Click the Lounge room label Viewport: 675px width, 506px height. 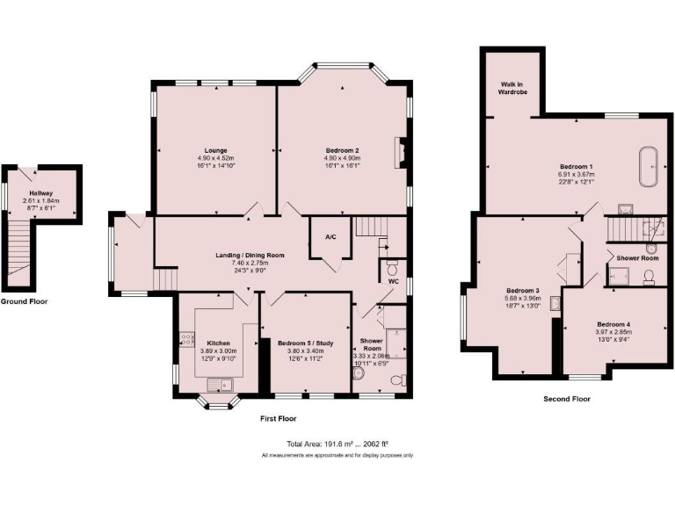point(216,149)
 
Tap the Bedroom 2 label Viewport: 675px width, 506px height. point(344,149)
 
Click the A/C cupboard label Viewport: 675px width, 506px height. point(330,237)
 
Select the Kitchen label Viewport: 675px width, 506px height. point(218,343)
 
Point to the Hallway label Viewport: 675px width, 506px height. point(40,192)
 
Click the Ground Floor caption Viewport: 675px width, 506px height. point(24,301)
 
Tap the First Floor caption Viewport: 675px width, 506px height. point(278,418)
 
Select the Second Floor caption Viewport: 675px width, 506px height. point(566,399)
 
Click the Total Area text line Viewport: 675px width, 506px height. point(337,444)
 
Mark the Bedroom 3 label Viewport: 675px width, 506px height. point(523,291)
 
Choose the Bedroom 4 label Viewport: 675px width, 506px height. point(613,323)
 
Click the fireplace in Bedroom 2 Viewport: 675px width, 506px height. point(401,152)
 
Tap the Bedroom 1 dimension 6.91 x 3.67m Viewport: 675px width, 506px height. point(577,174)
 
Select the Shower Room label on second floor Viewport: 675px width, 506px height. point(637,258)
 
